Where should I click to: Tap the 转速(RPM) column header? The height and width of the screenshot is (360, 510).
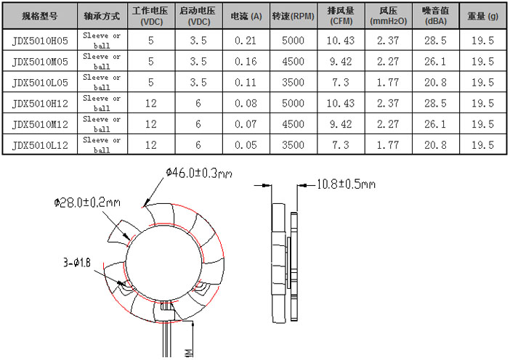point(293,16)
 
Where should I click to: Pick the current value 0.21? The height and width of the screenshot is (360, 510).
point(246,41)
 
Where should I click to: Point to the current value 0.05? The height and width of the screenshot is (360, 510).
point(246,145)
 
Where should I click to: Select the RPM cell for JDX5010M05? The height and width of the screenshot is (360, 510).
point(293,62)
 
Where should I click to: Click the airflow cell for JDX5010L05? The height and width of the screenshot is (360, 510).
point(341,83)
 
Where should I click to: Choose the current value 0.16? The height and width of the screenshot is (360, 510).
point(246,62)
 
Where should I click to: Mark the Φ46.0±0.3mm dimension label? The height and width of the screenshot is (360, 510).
point(198,173)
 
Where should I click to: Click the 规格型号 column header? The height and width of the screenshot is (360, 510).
point(37,16)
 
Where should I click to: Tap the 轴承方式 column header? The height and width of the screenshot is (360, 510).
point(102,16)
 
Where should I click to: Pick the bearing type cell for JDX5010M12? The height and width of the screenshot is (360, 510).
point(102,124)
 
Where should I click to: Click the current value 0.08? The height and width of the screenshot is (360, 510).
point(246,103)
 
